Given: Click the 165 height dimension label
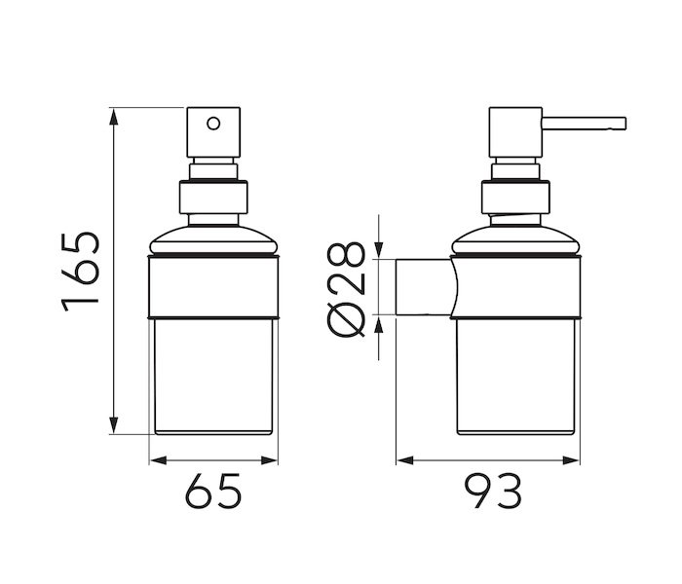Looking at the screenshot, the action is (x=81, y=273).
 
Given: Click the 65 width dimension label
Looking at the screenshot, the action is (x=213, y=491).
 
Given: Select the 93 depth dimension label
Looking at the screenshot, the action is (x=493, y=491).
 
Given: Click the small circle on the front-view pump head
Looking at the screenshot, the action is (x=213, y=124).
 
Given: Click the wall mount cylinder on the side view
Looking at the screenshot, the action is (x=424, y=287).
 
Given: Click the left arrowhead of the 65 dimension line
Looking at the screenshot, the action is (x=158, y=460).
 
